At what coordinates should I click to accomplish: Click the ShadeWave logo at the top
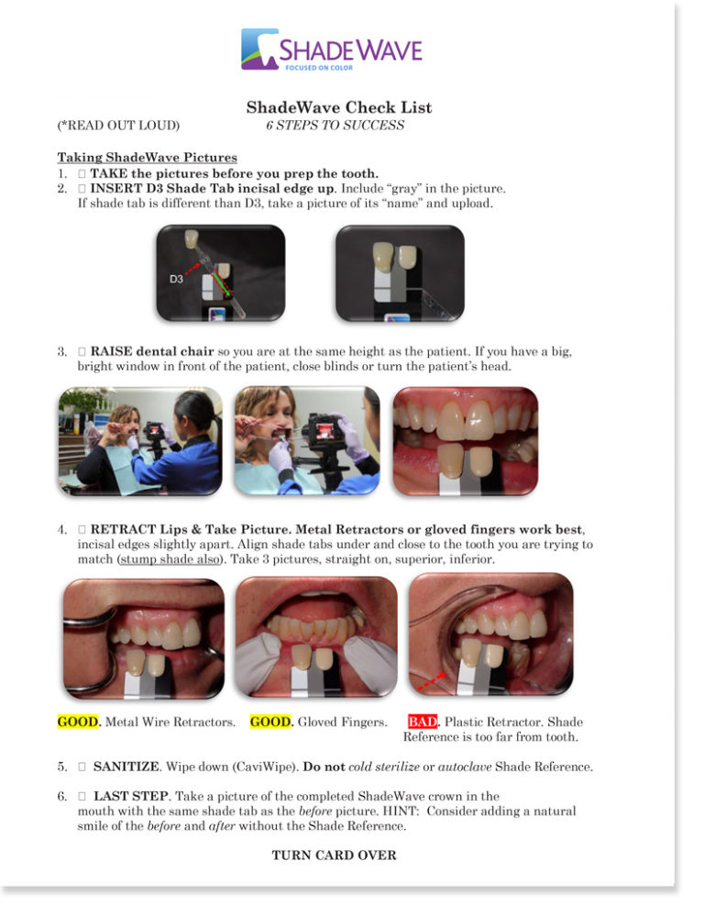[332, 50]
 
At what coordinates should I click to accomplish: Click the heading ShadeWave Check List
[339, 107]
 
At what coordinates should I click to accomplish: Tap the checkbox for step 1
[82, 173]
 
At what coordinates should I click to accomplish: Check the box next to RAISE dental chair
[82, 351]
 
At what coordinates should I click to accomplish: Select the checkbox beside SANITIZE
[82, 766]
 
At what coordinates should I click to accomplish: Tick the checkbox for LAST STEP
[82, 796]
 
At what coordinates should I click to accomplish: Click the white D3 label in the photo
[176, 280]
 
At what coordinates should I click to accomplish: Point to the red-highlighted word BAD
[423, 722]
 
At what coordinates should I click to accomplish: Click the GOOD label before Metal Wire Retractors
[78, 722]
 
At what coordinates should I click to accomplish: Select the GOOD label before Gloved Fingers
[270, 722]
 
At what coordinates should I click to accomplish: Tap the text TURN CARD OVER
[334, 855]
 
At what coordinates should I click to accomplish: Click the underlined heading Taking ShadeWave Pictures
[148, 158]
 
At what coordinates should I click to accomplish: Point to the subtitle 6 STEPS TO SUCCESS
[335, 125]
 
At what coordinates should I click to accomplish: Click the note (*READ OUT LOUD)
[118, 125]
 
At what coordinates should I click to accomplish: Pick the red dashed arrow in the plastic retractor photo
[432, 681]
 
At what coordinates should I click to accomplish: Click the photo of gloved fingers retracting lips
[316, 636]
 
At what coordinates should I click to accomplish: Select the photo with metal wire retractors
[144, 638]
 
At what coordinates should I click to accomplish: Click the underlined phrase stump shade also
[170, 559]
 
